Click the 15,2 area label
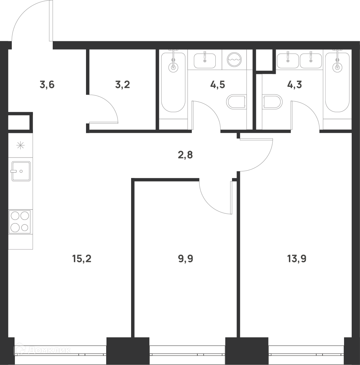coord(82,258)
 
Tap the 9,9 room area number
coord(186,258)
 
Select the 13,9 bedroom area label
coord(297,258)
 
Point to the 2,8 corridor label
coord(185,155)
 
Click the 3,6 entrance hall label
coord(47,85)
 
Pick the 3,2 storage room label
coord(122,85)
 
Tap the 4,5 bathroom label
coord(217,85)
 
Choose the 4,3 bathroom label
coord(294,85)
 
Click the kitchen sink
coord(21,171)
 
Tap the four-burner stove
coord(20,222)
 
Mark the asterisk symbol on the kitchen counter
coord(20,146)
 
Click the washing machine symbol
coord(234,60)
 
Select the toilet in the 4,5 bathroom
coord(237,102)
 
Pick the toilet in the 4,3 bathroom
coord(272,102)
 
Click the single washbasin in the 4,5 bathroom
coord(205,60)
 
